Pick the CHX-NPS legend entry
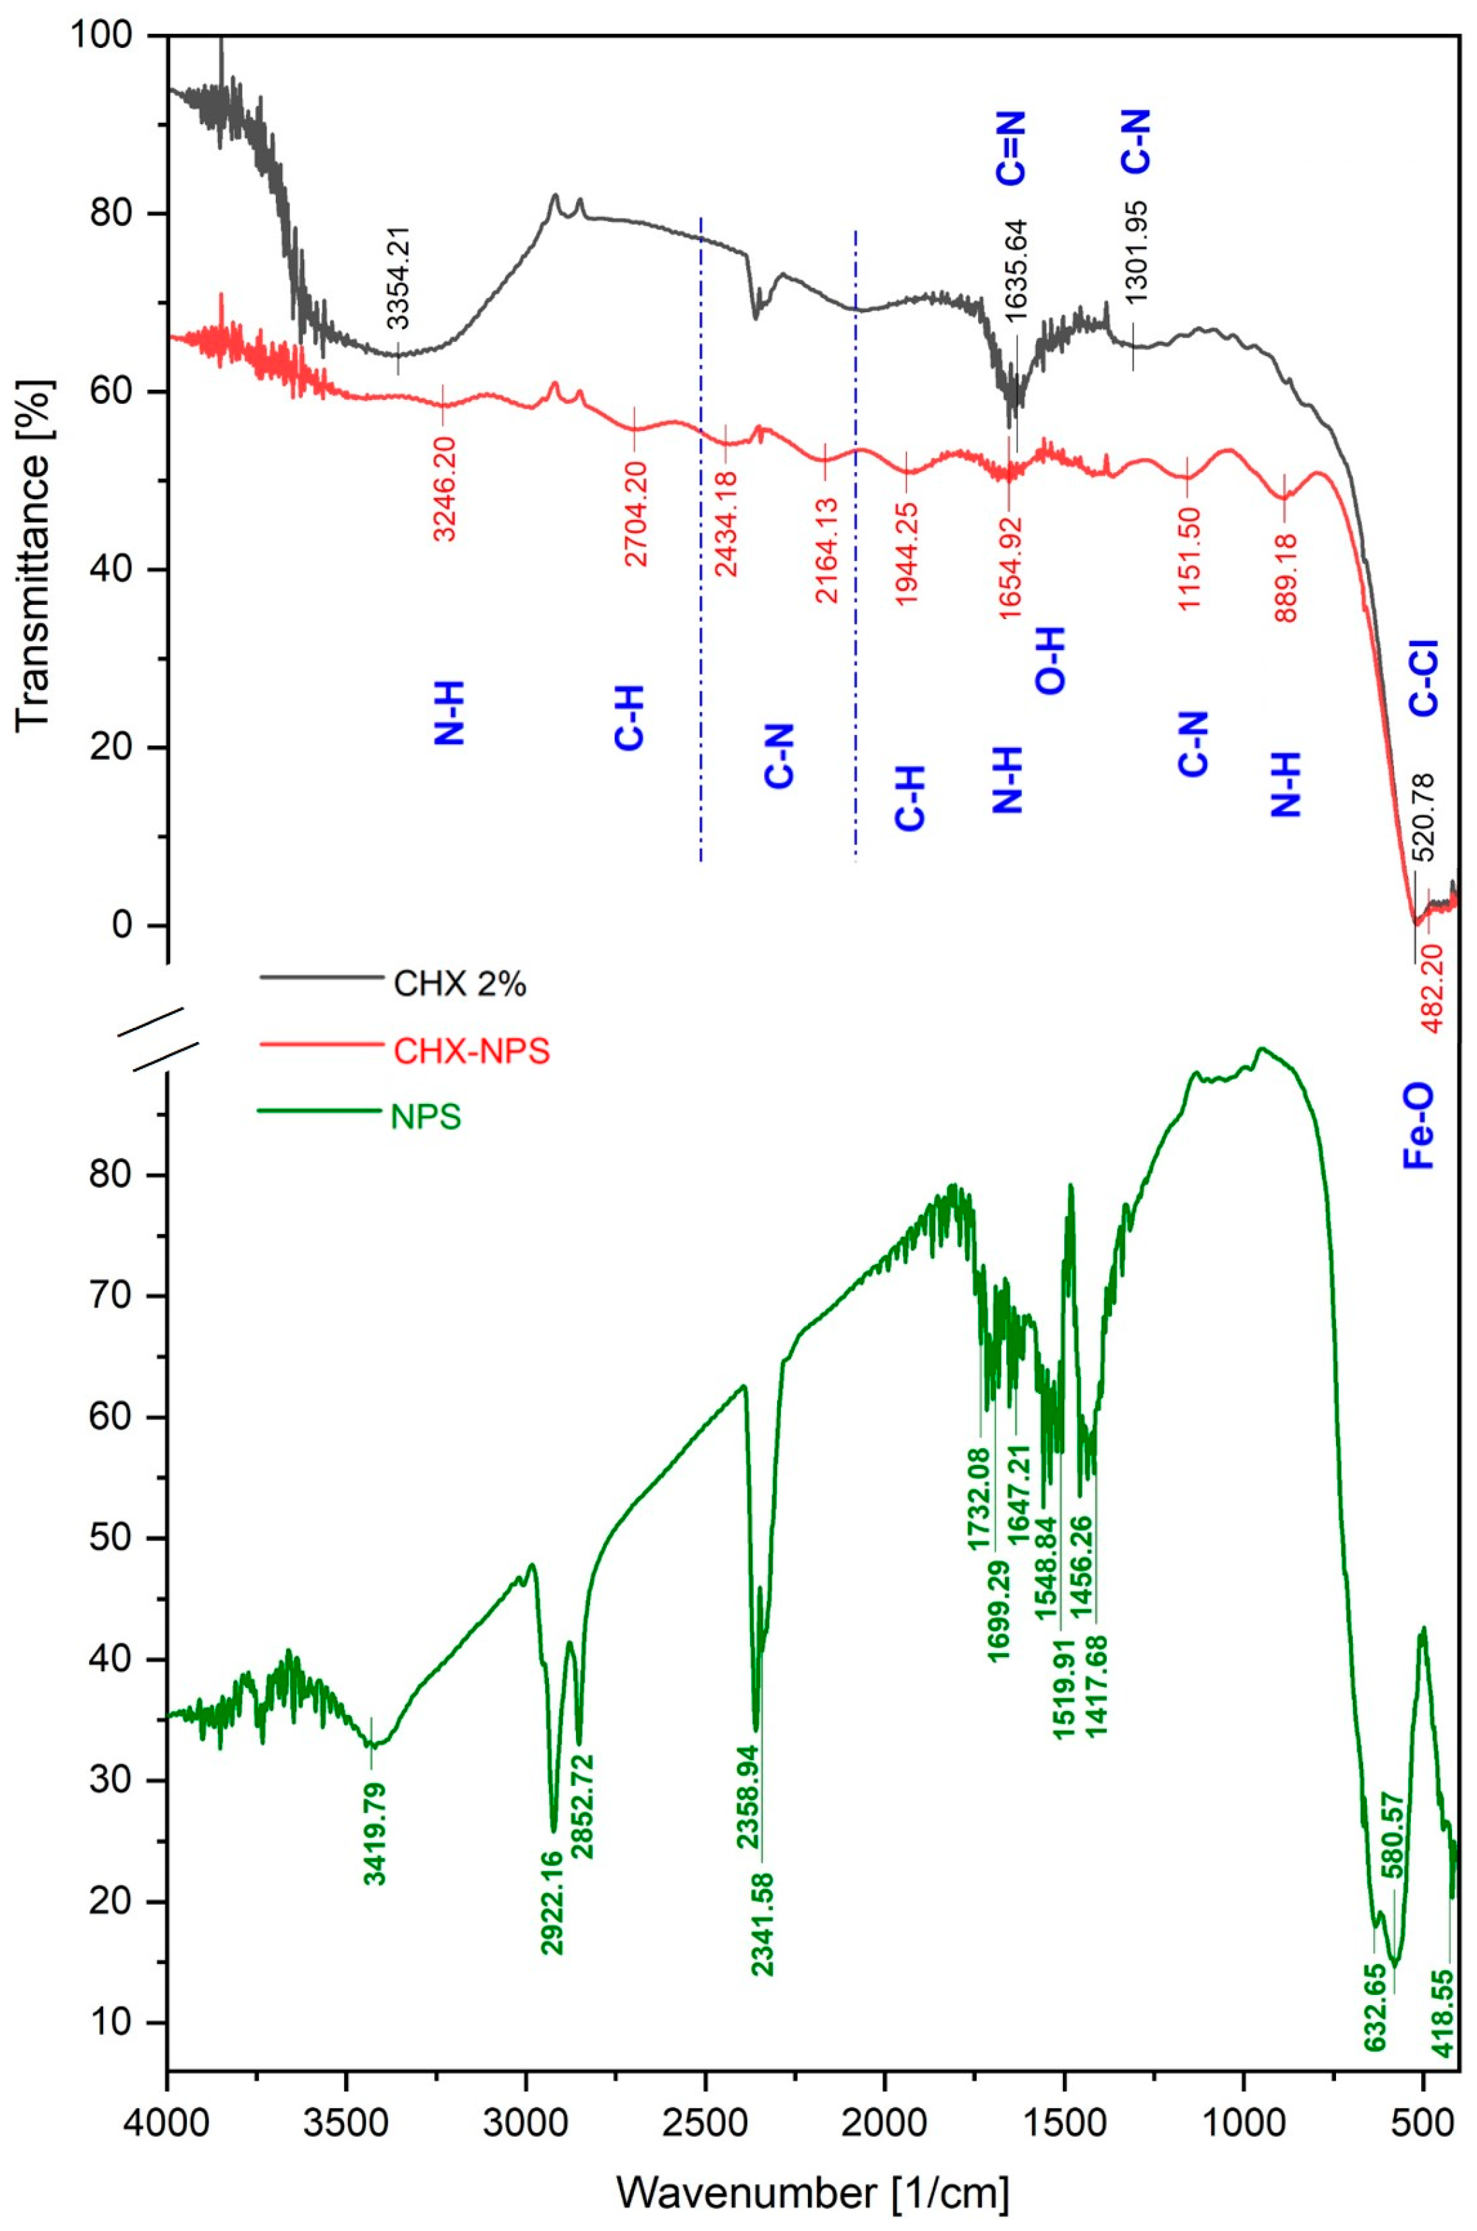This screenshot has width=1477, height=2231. pyautogui.click(x=470, y=1051)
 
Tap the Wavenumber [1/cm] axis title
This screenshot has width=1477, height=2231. pyautogui.click(x=812, y=2191)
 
